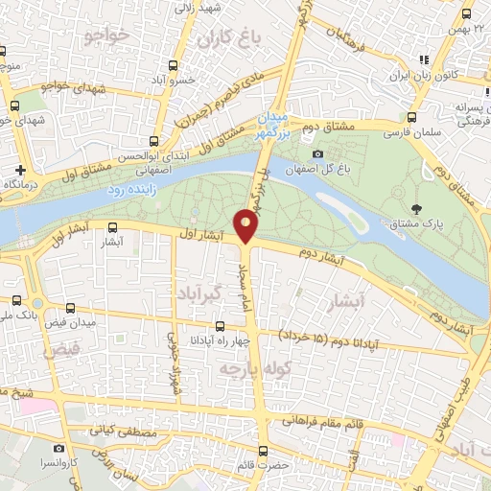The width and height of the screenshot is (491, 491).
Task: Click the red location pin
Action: click(x=246, y=226)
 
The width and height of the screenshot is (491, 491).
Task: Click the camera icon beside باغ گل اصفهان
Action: click(x=317, y=153)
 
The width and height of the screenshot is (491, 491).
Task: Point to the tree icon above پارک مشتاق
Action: click(x=415, y=209)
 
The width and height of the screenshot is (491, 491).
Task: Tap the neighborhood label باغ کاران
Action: click(x=229, y=40)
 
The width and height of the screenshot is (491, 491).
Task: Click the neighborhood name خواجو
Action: click(x=106, y=35)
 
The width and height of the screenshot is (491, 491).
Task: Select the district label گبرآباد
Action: click(x=202, y=292)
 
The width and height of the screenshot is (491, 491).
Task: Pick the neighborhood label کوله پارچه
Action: click(x=239, y=368)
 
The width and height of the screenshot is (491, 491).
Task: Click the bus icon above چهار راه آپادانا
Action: click(x=221, y=326)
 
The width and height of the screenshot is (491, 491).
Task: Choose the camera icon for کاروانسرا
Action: click(x=59, y=448)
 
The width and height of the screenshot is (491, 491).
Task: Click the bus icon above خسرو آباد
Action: click(x=173, y=65)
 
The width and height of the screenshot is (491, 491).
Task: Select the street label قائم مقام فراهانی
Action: click(x=332, y=420)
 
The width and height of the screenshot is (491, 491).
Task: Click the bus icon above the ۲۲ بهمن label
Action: click(x=466, y=14)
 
